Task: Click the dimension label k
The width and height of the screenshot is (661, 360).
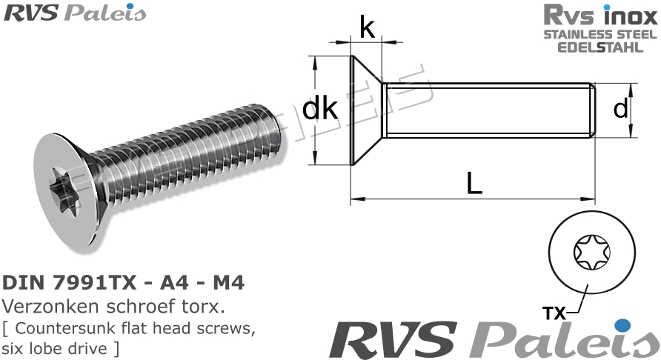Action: tap(366, 28)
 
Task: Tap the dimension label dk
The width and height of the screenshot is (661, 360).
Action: tap(321, 110)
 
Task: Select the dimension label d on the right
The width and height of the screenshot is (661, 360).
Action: tap(621, 109)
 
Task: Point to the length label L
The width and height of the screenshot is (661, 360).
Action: tap(474, 181)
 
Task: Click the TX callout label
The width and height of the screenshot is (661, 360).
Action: tap(554, 313)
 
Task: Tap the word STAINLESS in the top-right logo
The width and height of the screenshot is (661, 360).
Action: tap(571, 34)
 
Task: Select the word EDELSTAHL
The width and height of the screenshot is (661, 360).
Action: tap(599, 47)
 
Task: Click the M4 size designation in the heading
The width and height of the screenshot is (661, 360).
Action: tap(227, 284)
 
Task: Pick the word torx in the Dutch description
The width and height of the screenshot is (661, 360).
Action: tap(207, 307)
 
